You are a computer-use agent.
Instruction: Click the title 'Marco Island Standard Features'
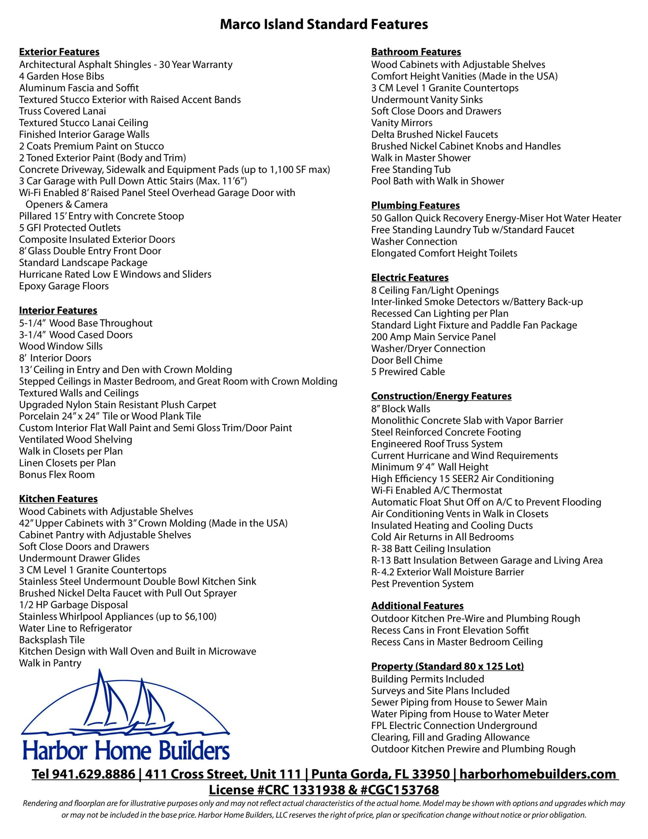(324, 25)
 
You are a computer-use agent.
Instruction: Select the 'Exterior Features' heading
(59, 52)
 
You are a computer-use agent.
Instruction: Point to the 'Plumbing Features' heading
(415, 205)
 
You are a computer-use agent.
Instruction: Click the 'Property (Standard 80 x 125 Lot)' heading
(447, 666)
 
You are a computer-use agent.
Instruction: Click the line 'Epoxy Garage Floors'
(64, 286)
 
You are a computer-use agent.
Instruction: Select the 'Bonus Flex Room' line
(57, 475)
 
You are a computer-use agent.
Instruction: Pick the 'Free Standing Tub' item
(410, 169)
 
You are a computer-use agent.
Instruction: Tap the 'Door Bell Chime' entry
(407, 360)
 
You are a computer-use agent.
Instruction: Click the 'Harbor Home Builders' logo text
(126, 751)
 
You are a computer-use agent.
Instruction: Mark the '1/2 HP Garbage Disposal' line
(73, 605)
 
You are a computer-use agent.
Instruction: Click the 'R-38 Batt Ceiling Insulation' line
(430, 549)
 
